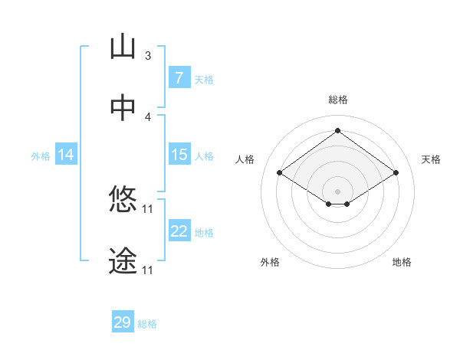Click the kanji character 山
click(x=123, y=47)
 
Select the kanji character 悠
click(x=123, y=200)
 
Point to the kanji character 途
click(x=123, y=261)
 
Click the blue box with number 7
click(x=179, y=77)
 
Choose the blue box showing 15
click(x=179, y=155)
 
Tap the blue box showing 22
click(x=179, y=231)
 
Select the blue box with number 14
click(x=66, y=155)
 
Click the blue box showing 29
click(x=123, y=322)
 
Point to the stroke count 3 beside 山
click(x=147, y=56)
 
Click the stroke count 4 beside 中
click(x=147, y=117)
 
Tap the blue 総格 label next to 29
click(x=147, y=324)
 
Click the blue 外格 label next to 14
click(x=41, y=155)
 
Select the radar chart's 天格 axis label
click(x=431, y=159)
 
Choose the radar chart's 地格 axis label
click(x=402, y=262)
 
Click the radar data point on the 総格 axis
click(x=337, y=130)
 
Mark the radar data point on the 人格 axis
click(x=280, y=173)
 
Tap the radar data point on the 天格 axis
click(x=396, y=173)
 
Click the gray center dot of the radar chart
click(x=337, y=191)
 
